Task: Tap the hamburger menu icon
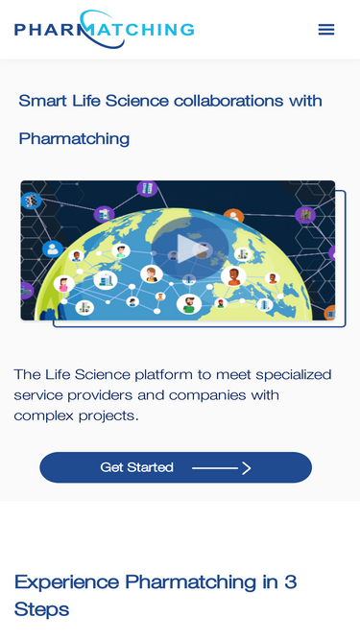[x=326, y=30]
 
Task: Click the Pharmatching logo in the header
[x=104, y=29]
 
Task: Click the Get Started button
[x=176, y=467]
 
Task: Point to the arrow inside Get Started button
[x=221, y=467]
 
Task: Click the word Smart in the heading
[x=42, y=101]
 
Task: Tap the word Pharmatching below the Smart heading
[x=74, y=139]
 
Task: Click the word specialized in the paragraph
[x=297, y=375]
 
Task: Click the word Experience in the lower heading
[x=66, y=582]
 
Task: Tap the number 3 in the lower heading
[x=290, y=582]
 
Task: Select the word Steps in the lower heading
[x=41, y=610]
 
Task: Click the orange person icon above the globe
[x=233, y=216]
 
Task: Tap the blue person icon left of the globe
[x=53, y=249]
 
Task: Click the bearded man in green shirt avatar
[x=189, y=304]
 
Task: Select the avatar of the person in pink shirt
[x=64, y=284]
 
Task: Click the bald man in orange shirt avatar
[x=233, y=276]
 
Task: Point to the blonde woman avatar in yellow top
[x=152, y=273]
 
